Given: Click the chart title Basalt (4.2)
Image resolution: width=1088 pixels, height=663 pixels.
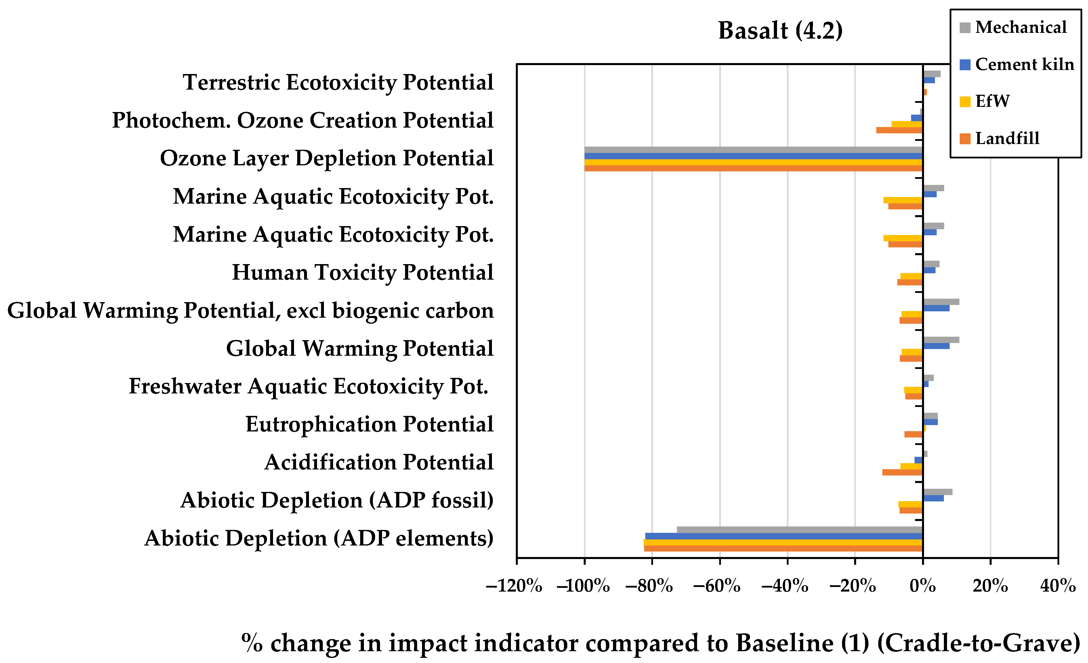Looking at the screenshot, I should pyautogui.click(x=780, y=31).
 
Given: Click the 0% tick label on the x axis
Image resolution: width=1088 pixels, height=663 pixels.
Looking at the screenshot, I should pyautogui.click(x=922, y=586).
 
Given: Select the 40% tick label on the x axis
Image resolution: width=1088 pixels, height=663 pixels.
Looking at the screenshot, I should pyautogui.click(x=1058, y=586).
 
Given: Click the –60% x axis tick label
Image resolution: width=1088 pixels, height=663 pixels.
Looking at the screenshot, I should pyautogui.click(x=717, y=586).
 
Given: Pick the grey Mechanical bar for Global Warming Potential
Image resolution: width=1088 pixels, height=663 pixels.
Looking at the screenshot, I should pyautogui.click(x=941, y=340).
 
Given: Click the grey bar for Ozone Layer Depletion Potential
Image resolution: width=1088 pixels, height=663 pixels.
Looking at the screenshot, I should pyautogui.click(x=753, y=150).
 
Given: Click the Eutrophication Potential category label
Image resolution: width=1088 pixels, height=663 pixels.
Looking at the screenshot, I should pyautogui.click(x=369, y=424).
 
